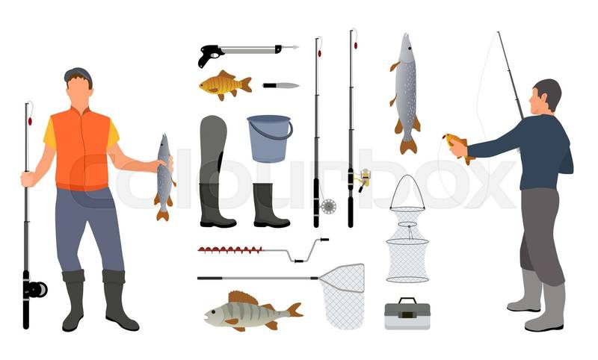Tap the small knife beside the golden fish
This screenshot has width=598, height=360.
click(281, 85)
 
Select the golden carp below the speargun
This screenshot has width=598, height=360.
click(225, 85)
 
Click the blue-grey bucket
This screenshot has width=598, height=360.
click(270, 138)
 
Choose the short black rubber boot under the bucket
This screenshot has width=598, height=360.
click(270, 205)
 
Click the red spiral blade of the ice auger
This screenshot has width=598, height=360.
click(230, 250)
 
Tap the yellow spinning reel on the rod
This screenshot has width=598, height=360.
click(364, 179)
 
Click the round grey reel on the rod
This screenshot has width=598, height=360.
click(328, 206)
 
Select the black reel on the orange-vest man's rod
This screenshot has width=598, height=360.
click(36, 290)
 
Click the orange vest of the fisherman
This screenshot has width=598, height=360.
click(81, 149)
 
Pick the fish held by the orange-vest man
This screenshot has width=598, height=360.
click(164, 177)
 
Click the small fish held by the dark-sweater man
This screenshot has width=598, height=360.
click(458, 147)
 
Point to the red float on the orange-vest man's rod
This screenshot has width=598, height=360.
click(30, 121)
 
